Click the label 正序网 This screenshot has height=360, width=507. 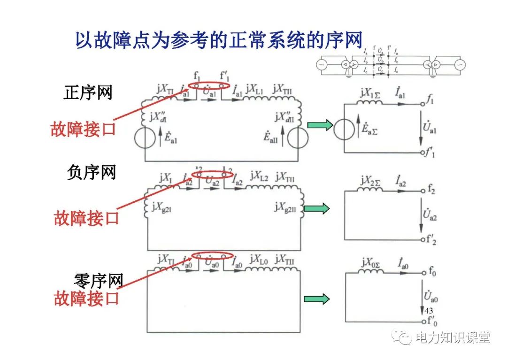tap(88, 92)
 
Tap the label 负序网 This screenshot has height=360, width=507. tap(91, 173)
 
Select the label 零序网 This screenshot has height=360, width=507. tap(99, 281)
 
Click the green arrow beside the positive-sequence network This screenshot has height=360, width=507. tap(320, 125)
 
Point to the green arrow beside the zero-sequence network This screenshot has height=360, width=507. tap(317, 299)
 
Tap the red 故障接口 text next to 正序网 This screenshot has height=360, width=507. tap(83, 129)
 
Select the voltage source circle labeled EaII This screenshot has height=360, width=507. tap(298, 138)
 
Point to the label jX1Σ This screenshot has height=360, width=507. tap(371, 93)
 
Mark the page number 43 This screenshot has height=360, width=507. tap(428, 311)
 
